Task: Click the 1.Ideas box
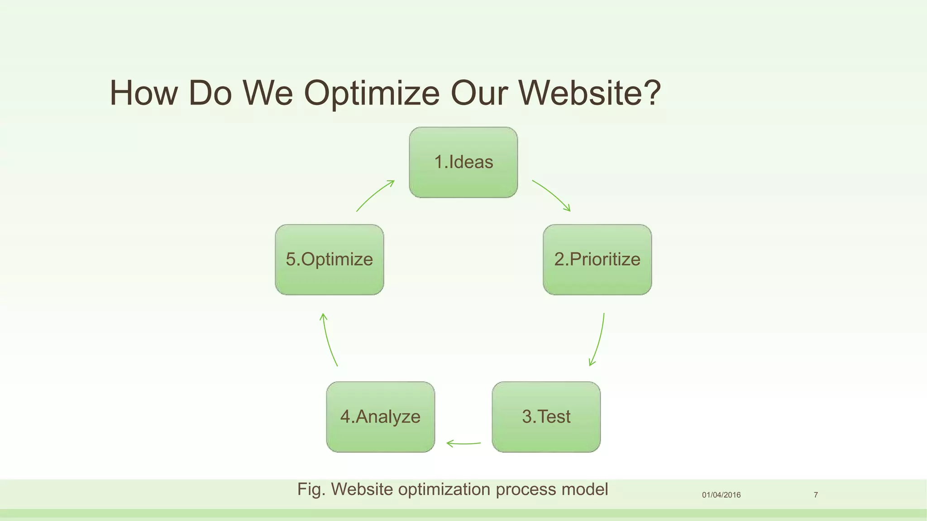[x=463, y=162]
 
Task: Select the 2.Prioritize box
[x=597, y=260]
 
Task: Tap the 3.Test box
[x=546, y=417]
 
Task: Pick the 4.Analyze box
[x=380, y=417]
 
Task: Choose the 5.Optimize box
[x=329, y=260]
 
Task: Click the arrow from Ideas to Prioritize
[x=552, y=194]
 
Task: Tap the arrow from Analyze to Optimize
[x=328, y=339]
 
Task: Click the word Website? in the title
[x=589, y=93]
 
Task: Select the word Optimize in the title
[x=372, y=93]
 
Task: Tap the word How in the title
[x=143, y=93]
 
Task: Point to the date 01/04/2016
[x=721, y=495]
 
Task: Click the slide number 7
[x=816, y=495]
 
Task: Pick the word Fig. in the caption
[x=311, y=489]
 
